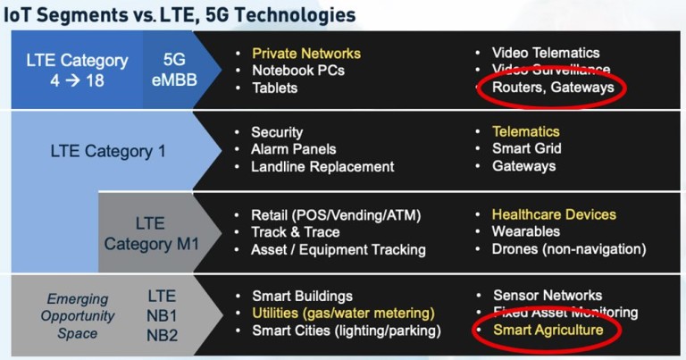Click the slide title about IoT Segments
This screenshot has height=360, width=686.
click(179, 14)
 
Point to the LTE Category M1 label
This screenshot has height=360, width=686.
click(149, 233)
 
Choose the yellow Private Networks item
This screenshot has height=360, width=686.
click(306, 53)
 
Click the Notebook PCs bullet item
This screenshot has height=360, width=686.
click(297, 70)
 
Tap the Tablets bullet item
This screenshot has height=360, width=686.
click(274, 88)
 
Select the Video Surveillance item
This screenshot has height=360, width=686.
click(551, 70)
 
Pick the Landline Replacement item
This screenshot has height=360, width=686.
click(322, 166)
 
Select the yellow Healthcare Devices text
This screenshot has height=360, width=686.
click(554, 214)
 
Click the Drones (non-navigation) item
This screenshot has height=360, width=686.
click(568, 249)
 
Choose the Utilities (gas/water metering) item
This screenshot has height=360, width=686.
click(343, 313)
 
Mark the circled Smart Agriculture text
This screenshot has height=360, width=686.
click(548, 331)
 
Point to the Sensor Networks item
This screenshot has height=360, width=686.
click(548, 295)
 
